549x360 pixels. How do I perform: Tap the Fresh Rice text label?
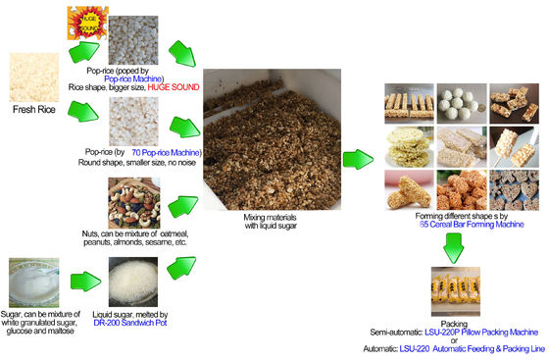coord(38,110)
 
